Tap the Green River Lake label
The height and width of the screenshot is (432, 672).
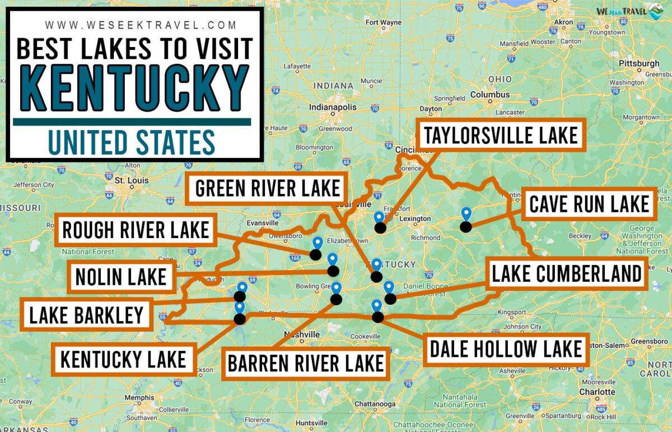point(267,189)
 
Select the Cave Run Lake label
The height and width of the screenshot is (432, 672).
point(589,204)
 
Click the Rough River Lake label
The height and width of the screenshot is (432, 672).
point(135,230)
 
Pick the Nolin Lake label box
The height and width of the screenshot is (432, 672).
point(120,277)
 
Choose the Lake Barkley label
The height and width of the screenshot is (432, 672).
point(86,315)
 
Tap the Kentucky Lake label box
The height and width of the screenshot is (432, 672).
point(123,359)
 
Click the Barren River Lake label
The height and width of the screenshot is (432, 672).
point(305,363)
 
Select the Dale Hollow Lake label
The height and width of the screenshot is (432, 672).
point(506,349)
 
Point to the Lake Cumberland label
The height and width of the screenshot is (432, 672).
point(566,274)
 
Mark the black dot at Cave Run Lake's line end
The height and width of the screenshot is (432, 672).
point(465,226)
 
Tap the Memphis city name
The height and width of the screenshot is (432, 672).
point(139,398)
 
